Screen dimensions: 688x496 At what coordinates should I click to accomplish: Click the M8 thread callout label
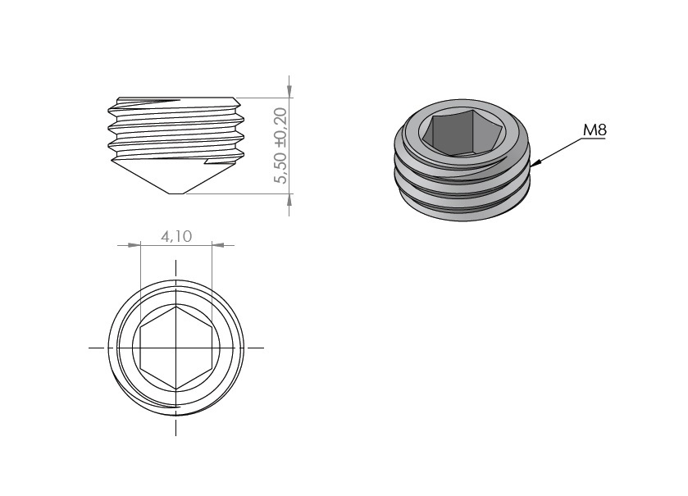(595, 130)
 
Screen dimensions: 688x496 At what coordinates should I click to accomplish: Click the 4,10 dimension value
(176, 237)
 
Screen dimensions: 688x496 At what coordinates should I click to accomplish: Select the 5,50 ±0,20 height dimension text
(280, 145)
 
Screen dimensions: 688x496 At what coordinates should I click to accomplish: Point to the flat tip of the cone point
(176, 193)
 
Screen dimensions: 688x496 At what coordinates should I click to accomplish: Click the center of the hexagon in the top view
(176, 348)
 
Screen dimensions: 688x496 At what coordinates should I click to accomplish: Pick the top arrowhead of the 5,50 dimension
(289, 90)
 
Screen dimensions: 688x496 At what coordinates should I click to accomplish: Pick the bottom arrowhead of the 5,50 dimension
(289, 200)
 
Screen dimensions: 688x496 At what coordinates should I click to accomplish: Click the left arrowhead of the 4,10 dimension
(134, 244)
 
